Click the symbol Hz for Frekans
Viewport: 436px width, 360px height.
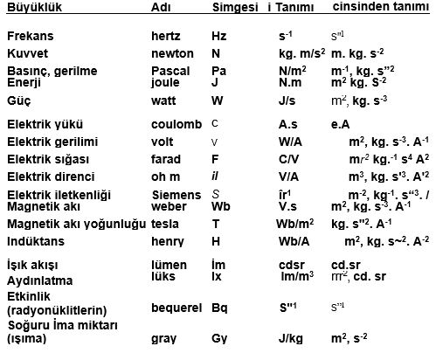coord(219,37)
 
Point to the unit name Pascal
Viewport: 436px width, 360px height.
coord(170,70)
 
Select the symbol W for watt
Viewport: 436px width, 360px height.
coord(218,100)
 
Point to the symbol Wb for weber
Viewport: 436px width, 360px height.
coord(221,205)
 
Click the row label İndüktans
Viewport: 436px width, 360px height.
coord(33,240)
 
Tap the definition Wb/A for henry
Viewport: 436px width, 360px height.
coord(282,240)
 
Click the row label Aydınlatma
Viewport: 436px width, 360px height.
coord(38,282)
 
